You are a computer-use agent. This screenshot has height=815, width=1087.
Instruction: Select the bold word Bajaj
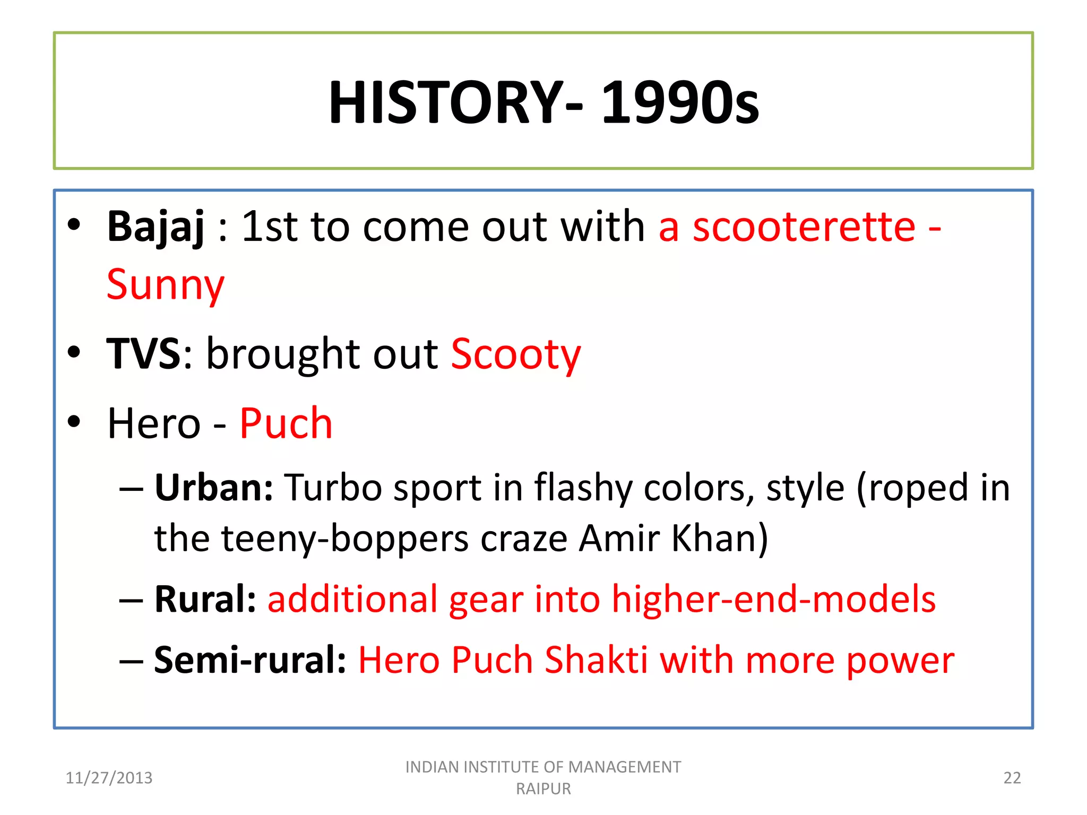pos(156,227)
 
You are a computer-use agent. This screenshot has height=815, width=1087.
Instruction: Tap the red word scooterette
pos(804,227)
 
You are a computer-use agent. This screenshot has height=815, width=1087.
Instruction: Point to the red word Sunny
pos(165,285)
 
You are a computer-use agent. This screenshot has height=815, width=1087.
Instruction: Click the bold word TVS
pos(143,353)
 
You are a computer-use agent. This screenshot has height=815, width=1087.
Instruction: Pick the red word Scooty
pos(515,354)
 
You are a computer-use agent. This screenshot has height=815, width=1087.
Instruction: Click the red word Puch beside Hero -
pos(286,423)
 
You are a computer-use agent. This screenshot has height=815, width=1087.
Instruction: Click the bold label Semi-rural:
pos(250,660)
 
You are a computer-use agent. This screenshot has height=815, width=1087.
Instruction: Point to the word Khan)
pos(719,538)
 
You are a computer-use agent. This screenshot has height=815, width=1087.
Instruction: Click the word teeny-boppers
pos(344,539)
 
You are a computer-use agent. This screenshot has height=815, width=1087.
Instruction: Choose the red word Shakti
pos(596,660)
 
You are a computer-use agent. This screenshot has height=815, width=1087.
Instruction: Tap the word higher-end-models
pos(773,599)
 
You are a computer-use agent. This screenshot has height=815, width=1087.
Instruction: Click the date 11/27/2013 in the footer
pos(109,778)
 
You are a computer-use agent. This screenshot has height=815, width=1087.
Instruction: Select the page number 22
pos(1012,778)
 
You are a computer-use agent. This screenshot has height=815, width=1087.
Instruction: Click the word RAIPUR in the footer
pos(543,789)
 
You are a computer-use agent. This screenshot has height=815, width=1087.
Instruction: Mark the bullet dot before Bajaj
pos(74,225)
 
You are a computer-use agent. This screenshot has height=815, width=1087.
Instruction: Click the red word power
pos(900,661)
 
